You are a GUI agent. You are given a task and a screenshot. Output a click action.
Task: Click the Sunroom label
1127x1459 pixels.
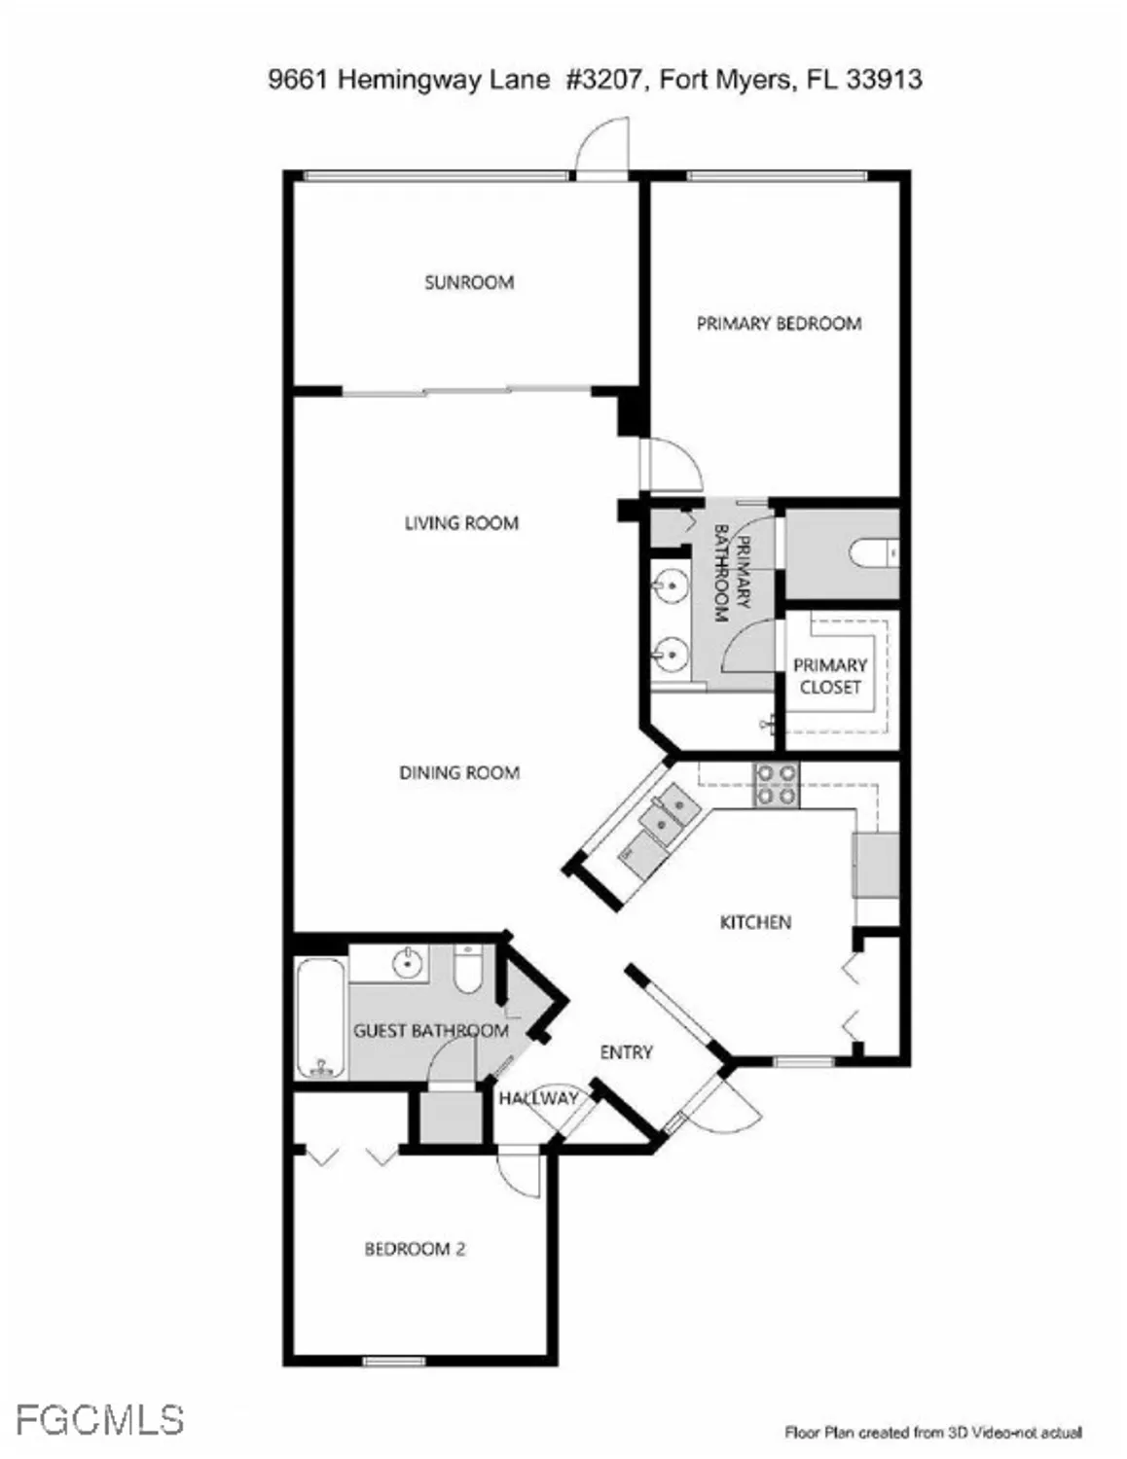click(468, 283)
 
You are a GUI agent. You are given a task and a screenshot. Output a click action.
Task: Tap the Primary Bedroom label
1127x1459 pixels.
click(779, 324)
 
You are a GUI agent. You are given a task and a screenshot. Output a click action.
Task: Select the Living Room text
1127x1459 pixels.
click(461, 523)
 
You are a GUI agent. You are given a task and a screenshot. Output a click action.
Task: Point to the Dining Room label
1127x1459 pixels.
click(459, 773)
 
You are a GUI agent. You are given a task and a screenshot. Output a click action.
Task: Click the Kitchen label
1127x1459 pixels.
click(755, 922)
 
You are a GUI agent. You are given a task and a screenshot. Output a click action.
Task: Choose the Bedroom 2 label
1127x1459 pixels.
click(415, 1249)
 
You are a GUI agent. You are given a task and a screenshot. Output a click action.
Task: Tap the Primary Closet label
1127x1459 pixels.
click(830, 676)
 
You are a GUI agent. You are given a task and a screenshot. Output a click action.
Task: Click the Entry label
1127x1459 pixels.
click(626, 1052)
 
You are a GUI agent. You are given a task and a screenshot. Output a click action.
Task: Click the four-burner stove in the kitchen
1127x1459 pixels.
click(777, 785)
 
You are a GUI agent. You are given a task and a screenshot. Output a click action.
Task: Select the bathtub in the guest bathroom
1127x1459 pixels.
click(320, 1018)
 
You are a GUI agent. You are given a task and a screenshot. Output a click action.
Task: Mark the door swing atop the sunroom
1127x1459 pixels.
click(601, 148)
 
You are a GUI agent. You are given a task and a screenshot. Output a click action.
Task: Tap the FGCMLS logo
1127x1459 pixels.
click(99, 1419)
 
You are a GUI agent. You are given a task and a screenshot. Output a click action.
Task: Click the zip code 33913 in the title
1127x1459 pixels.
click(884, 80)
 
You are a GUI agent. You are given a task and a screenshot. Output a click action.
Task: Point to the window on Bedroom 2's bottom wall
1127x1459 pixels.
click(394, 1360)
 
